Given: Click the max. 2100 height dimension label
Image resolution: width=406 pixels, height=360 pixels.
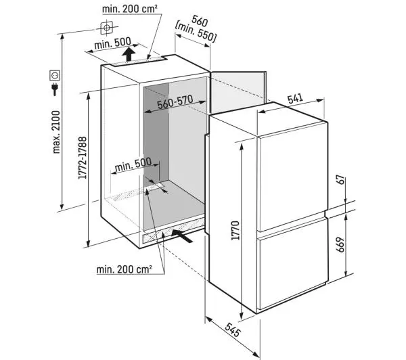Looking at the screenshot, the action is click(56, 132).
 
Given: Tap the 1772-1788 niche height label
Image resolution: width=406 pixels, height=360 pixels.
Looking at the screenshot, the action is click(83, 158).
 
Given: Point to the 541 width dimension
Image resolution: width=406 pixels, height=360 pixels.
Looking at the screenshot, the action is click(295, 99).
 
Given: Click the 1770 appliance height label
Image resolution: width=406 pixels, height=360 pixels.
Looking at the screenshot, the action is click(235, 231).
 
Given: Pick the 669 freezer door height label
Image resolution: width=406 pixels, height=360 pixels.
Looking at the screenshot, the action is click(341, 245).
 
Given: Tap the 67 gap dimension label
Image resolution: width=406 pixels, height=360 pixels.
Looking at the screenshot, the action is click(341, 180).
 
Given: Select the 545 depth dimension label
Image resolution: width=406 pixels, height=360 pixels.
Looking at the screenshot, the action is click(233, 330).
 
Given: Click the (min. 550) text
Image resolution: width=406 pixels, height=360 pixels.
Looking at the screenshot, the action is click(196, 32).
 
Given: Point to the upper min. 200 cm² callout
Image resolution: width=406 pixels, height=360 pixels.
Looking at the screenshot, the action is click(130, 9).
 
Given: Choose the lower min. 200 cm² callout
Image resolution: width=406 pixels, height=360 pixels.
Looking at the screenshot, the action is click(124, 269).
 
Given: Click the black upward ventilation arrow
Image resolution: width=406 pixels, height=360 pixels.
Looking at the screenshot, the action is click(129, 54).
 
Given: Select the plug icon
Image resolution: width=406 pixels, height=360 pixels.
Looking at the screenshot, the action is click(55, 89).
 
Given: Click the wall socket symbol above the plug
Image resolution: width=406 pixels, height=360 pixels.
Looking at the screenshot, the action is click(55, 75).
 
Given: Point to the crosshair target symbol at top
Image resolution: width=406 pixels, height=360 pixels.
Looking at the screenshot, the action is click(107, 28).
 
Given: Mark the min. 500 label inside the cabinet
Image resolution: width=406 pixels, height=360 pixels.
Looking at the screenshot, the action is click(133, 164).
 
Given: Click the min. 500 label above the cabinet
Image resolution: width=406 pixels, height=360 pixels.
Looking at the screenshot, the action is click(112, 43).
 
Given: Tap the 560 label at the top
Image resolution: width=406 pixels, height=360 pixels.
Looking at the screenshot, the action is click(200, 21).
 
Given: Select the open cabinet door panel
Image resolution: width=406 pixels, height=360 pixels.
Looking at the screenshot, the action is click(238, 92).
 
